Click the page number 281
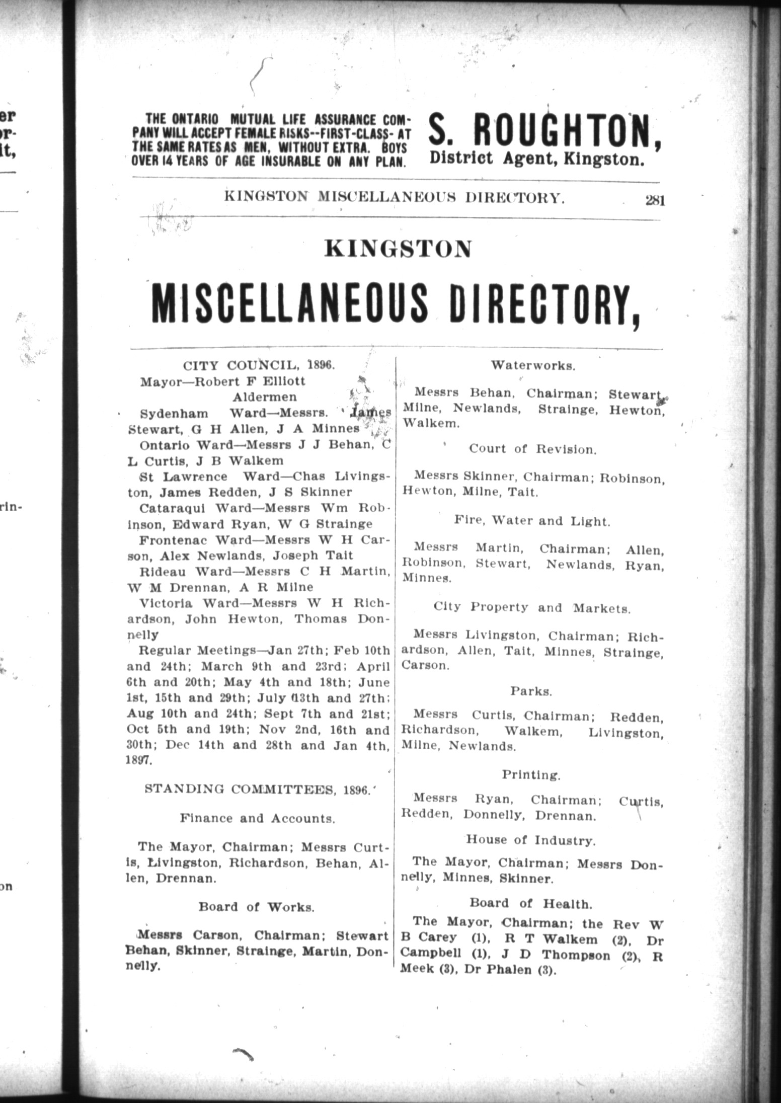coord(655,201)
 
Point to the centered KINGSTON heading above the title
coord(398,248)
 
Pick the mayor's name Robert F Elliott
coord(250,381)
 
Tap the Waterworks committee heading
coord(533,365)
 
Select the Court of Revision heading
coord(532,449)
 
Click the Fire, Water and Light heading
coord(532,521)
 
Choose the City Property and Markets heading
coord(532,608)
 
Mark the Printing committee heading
coord(531,774)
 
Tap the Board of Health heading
coord(530,904)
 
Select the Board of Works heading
coord(257,907)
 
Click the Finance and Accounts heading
coord(258,818)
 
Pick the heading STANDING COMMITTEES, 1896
coord(258,790)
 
